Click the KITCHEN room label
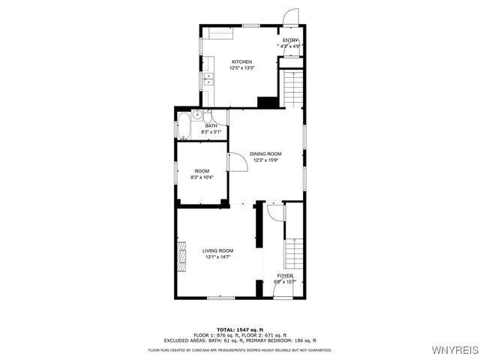(241, 61)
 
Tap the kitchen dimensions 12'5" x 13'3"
(241, 68)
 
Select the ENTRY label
(291, 40)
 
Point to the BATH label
(200, 126)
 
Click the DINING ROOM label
(265, 154)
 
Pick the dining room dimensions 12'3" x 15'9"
(265, 160)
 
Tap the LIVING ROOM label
(217, 250)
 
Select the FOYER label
(285, 276)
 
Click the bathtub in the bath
(183, 125)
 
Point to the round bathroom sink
(198, 115)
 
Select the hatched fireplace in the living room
(181, 255)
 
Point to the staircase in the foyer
(293, 254)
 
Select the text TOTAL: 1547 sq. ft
(240, 329)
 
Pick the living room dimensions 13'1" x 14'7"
(217, 257)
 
